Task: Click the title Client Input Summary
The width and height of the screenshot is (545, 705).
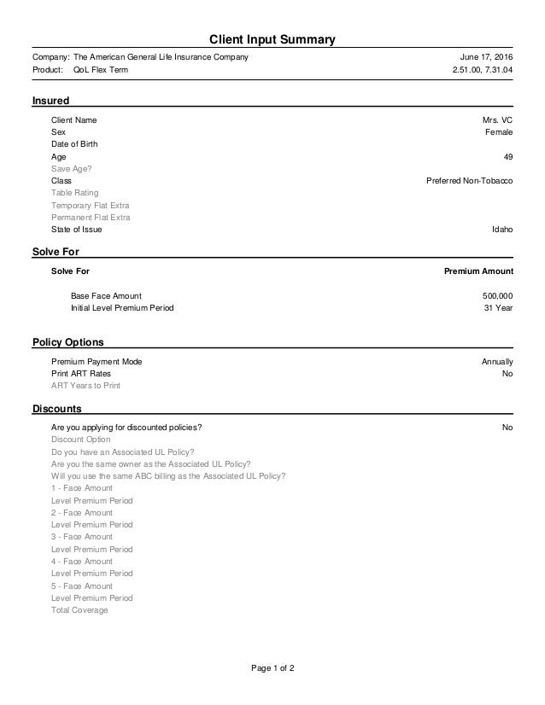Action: [x=272, y=39]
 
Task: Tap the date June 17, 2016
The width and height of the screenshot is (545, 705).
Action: [x=487, y=57]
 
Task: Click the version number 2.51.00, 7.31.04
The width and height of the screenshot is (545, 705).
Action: [x=483, y=70]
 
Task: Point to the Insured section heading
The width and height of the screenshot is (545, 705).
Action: [x=50, y=102]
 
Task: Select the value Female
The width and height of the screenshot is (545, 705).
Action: [x=499, y=132]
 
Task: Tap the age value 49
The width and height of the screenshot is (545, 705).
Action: [x=508, y=157]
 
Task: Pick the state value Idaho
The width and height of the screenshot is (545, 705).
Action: [x=502, y=230]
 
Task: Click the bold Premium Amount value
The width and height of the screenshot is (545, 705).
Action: [x=478, y=271]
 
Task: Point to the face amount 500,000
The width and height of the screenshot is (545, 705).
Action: [x=497, y=295]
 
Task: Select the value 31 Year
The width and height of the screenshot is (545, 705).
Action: [x=498, y=307]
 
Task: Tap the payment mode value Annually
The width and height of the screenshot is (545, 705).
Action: [x=497, y=362]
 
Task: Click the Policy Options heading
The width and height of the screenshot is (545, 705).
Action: [x=67, y=342]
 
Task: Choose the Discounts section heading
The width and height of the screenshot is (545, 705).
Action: [x=56, y=408]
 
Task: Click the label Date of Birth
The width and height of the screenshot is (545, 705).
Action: [x=74, y=144]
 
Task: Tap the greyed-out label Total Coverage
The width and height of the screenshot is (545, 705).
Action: [x=79, y=610]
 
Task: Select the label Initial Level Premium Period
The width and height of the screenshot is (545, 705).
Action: [x=121, y=307]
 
